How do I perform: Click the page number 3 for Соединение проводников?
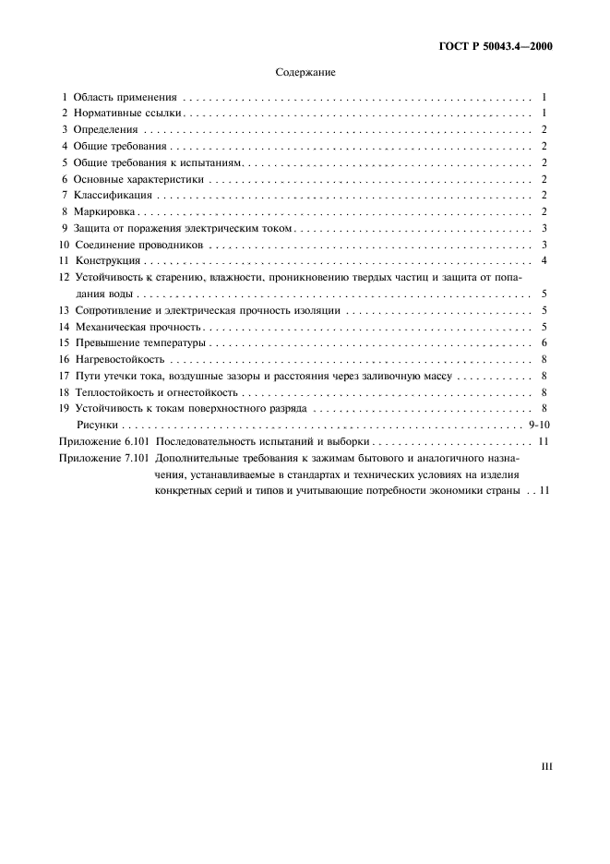tap(545, 245)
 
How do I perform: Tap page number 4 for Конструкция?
tap(545, 261)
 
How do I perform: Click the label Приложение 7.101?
tap(102, 459)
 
